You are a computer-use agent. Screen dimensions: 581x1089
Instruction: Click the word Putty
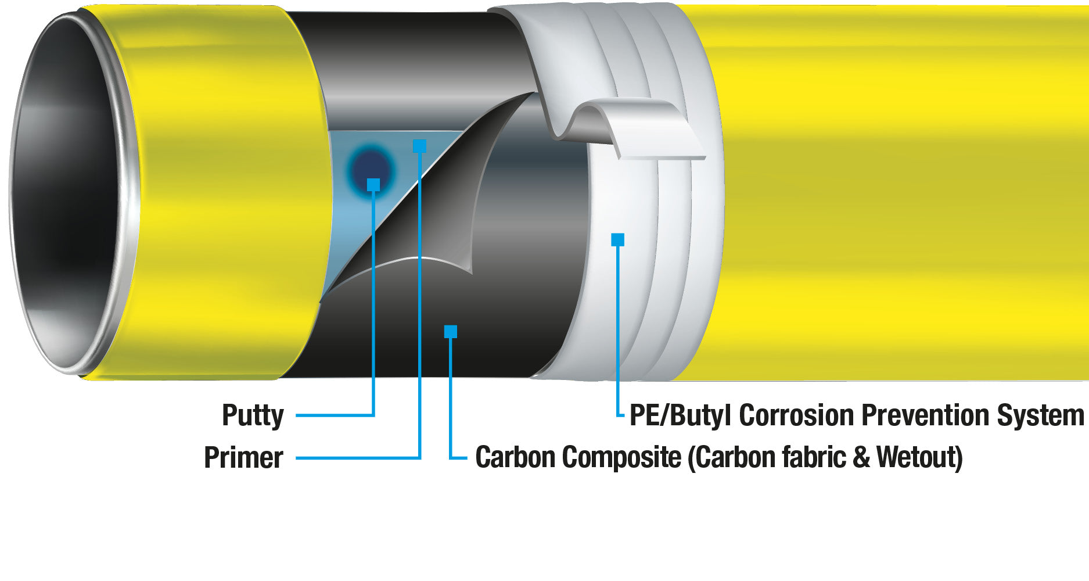[x=253, y=416]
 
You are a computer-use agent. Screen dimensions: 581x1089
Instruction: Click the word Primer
[x=243, y=458]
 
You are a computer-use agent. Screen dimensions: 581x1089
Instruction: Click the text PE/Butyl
[x=681, y=416]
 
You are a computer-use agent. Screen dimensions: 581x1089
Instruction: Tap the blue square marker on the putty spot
[x=373, y=185]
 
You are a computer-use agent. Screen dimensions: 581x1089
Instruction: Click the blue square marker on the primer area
[x=419, y=146]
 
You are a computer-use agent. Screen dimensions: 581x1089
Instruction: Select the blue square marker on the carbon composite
[x=451, y=332]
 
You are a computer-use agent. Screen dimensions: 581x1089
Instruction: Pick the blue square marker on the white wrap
[x=618, y=239]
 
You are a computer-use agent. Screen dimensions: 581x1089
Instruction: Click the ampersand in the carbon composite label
[x=861, y=457]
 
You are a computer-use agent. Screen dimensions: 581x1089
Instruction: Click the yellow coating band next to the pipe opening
[x=227, y=192]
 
